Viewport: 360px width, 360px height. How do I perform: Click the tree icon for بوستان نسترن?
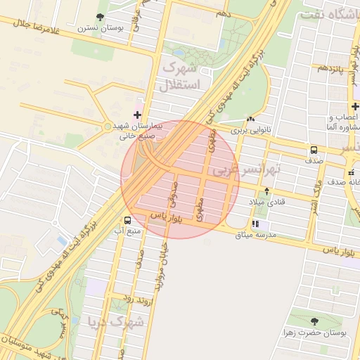click(101, 17)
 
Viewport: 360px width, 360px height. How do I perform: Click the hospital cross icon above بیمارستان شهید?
click(137, 114)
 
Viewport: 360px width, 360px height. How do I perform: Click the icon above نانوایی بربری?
click(251, 120)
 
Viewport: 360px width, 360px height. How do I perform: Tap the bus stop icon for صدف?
click(314, 150)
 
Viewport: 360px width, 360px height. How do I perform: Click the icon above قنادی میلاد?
click(266, 191)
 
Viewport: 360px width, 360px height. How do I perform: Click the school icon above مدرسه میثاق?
click(255, 224)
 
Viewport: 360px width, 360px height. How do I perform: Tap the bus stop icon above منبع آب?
click(127, 219)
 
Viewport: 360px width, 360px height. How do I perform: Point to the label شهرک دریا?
click(116, 322)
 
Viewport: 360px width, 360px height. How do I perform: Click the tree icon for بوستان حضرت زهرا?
click(314, 321)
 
